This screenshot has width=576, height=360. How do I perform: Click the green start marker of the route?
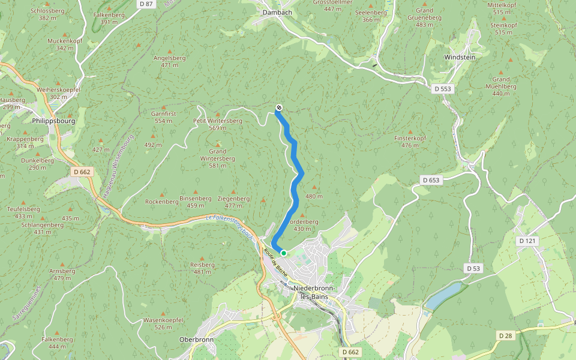(284, 253)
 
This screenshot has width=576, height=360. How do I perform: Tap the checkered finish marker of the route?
(279, 108)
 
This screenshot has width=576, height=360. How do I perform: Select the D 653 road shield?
(431, 180)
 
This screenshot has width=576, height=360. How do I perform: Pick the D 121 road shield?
(527, 241)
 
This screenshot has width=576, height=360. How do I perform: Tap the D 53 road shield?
(473, 268)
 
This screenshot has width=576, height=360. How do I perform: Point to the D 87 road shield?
(146, 4)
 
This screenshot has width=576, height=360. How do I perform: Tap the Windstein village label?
(459, 56)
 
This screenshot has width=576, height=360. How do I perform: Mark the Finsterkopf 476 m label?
(410, 142)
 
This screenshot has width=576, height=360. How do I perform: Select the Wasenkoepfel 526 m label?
(163, 323)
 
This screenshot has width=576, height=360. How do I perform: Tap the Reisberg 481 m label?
(202, 268)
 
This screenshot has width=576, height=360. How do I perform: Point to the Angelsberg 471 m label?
(169, 61)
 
